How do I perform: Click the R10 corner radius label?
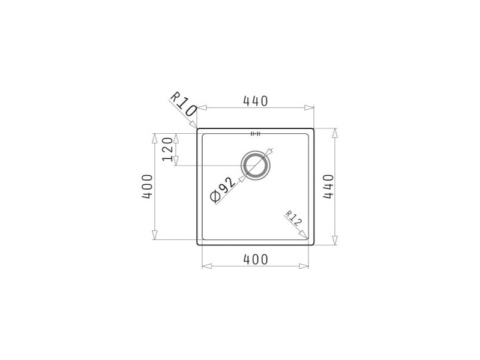[x=184, y=104]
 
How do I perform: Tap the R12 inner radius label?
[x=294, y=218]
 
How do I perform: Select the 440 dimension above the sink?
[x=256, y=101]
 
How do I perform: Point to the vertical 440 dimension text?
[x=328, y=187]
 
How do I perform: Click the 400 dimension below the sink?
[x=256, y=260]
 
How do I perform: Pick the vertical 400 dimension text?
[x=147, y=187]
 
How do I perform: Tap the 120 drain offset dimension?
[x=167, y=149]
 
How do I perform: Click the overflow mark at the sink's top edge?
[x=256, y=134]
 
